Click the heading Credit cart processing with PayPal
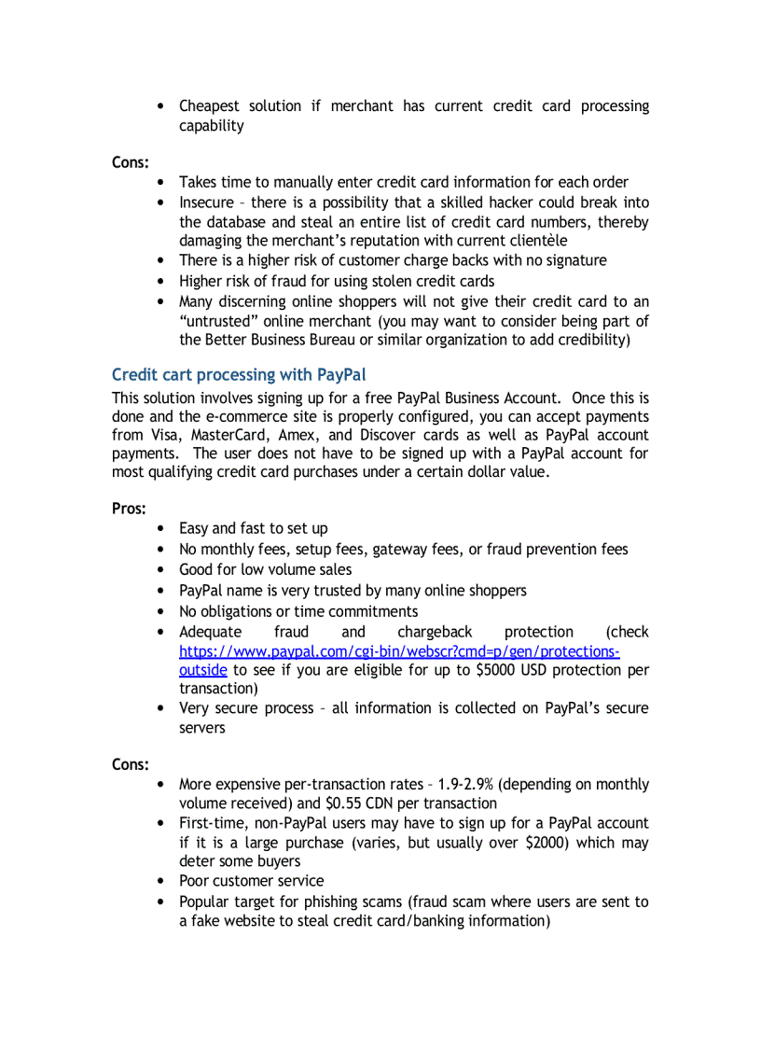(239, 375)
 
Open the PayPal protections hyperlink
(399, 651)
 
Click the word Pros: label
(130, 509)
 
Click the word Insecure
(206, 203)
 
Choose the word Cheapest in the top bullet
(210, 106)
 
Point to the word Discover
(388, 435)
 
